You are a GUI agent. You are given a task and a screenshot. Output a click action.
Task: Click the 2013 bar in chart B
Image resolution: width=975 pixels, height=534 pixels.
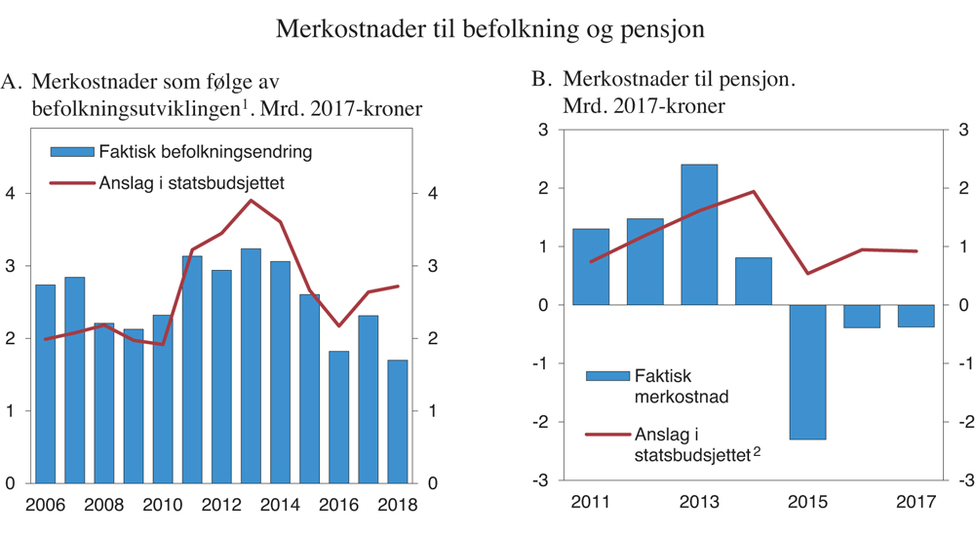699,235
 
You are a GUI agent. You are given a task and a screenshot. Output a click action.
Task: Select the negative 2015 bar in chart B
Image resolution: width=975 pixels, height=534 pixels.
808,371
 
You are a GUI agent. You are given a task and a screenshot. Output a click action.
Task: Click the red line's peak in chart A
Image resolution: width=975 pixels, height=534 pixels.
251,200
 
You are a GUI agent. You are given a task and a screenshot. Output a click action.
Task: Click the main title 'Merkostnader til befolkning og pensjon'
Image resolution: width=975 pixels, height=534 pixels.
489,27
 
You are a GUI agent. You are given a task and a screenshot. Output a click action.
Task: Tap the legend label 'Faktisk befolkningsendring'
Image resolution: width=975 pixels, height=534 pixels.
205,152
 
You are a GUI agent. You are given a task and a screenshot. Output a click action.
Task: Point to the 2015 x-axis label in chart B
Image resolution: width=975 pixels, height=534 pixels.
808,505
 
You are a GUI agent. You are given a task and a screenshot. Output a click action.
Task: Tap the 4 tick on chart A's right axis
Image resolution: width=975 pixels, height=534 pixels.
432,193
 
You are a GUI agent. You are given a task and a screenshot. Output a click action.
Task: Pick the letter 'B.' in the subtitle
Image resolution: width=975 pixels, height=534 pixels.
542,81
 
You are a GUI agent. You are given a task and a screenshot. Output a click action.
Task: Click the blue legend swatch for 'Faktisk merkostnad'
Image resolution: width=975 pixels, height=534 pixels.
604,375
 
